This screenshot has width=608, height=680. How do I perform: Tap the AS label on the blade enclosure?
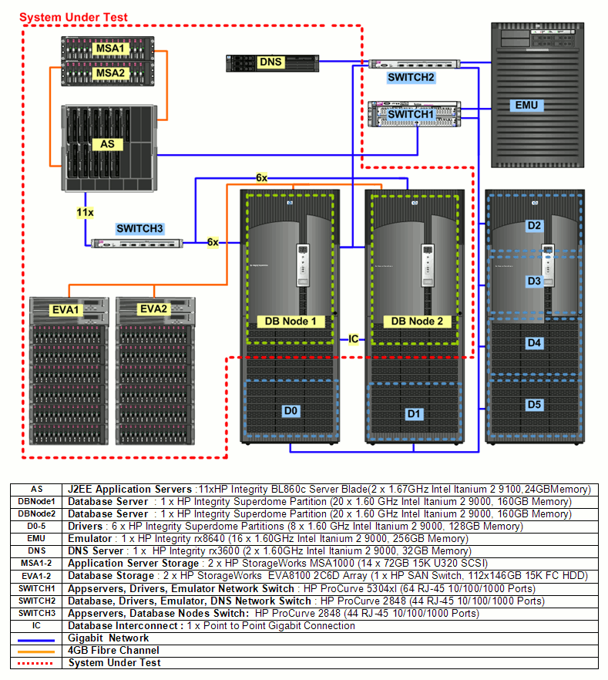click(106, 144)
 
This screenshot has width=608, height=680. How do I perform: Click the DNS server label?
click(270, 62)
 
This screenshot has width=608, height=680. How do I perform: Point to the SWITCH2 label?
click(411, 78)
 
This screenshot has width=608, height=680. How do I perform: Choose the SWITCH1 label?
click(411, 114)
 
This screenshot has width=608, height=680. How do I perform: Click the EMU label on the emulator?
click(526, 105)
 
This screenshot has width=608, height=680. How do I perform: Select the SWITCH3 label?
click(139, 228)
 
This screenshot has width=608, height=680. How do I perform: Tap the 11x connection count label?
click(85, 211)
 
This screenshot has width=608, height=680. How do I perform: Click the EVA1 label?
click(67, 309)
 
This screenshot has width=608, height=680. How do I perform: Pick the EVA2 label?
click(153, 309)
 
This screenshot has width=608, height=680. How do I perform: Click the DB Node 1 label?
click(290, 321)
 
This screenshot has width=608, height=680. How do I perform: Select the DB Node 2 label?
click(417, 321)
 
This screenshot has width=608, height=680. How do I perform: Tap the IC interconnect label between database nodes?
click(353, 339)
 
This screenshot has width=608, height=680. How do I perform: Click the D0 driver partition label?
click(290, 411)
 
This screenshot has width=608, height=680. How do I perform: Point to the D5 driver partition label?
click(534, 404)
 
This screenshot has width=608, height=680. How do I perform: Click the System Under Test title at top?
click(73, 17)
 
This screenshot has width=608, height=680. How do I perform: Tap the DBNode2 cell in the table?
click(37, 513)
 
